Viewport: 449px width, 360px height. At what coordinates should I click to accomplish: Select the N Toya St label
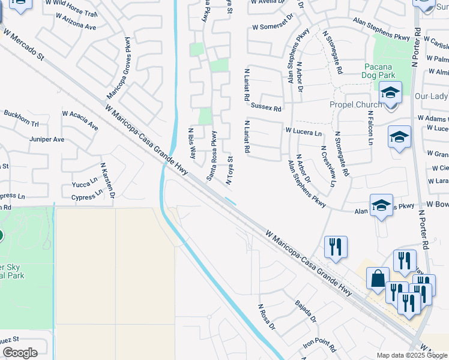pos(229,169)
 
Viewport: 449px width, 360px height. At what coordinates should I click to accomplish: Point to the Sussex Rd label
pos(266,109)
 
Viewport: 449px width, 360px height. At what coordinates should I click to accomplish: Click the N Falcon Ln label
pos(370,131)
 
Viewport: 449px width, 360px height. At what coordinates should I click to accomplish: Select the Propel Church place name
pos(355,104)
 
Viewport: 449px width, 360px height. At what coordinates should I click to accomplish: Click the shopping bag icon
pos(379,279)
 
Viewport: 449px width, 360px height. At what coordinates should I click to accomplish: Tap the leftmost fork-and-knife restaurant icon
pos(336,245)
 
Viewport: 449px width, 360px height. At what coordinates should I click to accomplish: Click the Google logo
pos(20,353)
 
